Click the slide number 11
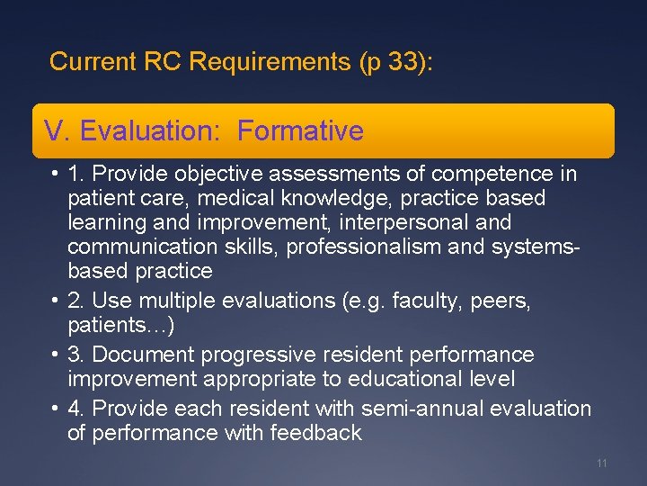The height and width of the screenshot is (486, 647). point(602,463)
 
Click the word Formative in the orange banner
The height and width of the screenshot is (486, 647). point(301,131)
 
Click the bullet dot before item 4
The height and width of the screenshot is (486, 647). point(55,409)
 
